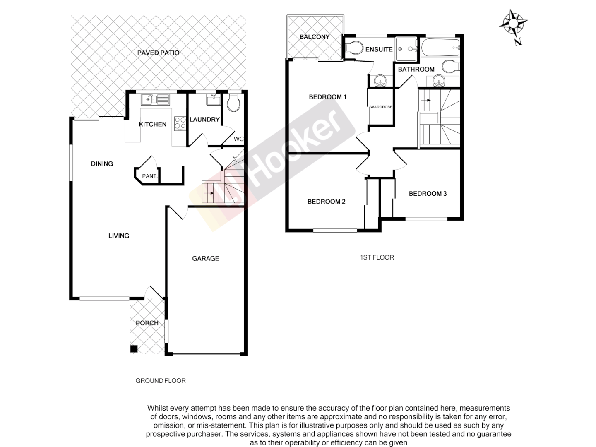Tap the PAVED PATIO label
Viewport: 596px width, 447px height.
[158, 53]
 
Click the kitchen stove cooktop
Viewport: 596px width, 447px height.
[180, 123]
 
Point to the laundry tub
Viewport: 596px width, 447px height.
[214, 100]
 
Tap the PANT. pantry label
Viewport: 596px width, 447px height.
[149, 176]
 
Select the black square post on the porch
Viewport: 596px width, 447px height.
[134, 349]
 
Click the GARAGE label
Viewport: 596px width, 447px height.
[205, 258]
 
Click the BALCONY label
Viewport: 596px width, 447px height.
[315, 37]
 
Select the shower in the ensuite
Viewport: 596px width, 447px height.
[406, 49]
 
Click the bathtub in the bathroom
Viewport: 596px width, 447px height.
[440, 48]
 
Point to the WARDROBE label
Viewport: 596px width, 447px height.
[381, 107]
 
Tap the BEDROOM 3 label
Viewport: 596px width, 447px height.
[428, 193]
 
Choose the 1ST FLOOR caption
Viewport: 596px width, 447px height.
[377, 257]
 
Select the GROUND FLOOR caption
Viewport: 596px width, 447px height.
[161, 381]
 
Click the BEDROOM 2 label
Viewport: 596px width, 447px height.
[326, 202]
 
